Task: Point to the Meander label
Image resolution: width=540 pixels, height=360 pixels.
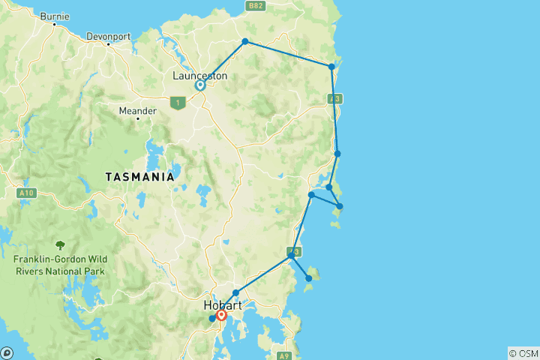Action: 138,111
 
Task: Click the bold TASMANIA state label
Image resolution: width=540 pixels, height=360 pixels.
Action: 139,178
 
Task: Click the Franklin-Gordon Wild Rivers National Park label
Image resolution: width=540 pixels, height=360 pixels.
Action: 59,265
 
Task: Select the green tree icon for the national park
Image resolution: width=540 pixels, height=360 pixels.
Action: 59,244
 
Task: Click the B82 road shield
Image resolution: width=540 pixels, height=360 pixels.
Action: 257,5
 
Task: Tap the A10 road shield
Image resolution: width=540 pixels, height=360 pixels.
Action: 26,193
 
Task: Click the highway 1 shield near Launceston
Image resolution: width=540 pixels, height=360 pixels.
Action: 178,103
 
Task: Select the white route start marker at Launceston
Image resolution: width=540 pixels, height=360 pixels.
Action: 200,85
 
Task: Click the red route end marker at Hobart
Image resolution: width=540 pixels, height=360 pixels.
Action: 222,316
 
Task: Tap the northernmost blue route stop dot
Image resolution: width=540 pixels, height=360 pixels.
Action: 244,41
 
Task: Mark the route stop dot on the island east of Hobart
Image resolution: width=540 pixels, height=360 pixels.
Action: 308,278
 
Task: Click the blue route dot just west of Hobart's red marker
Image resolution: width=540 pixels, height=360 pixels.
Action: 212,319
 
